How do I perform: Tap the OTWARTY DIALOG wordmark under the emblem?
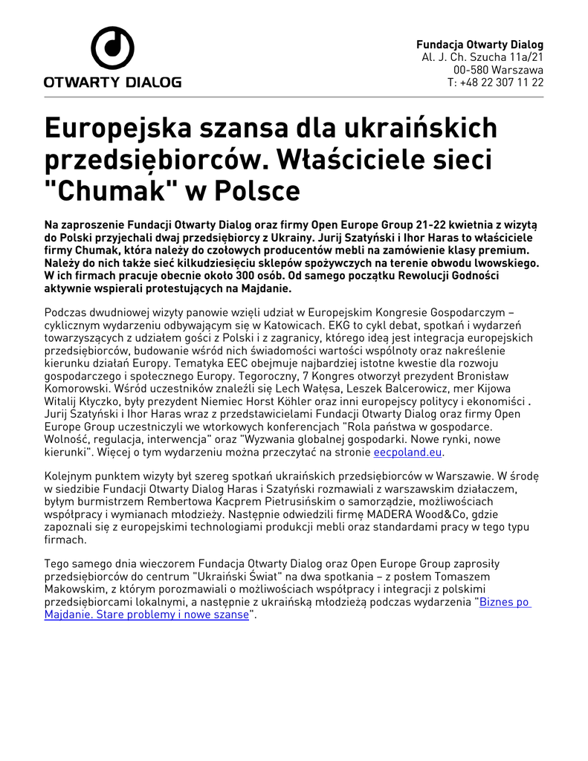coord(112,82)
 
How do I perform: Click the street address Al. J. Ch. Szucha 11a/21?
coord(482,56)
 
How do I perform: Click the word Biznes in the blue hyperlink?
coord(497,602)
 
